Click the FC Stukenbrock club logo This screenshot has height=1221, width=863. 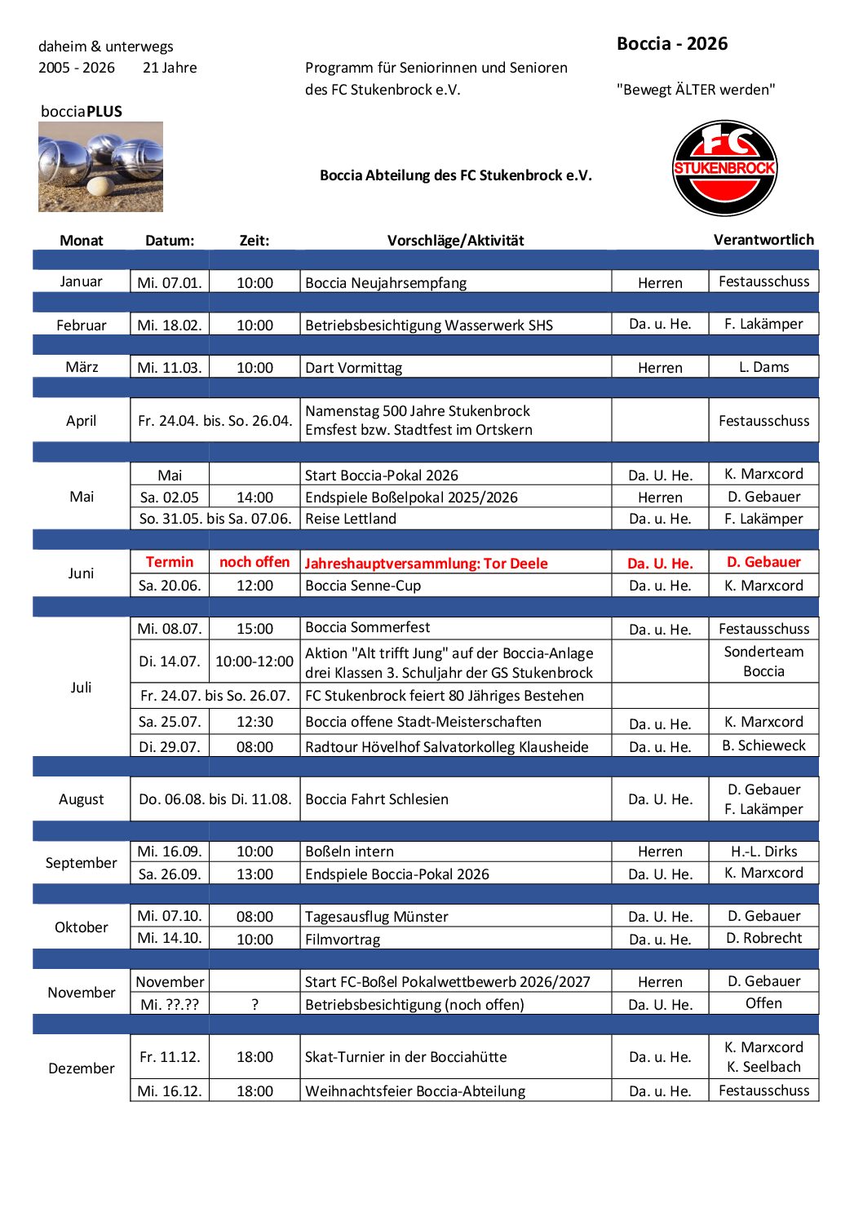coord(724,169)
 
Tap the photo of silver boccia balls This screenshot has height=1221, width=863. coord(100,167)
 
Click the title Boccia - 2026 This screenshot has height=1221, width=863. coord(672,44)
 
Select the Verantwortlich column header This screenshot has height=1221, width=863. coord(763,240)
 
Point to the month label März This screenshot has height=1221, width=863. coord(82,367)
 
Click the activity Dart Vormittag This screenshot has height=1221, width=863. coord(354,368)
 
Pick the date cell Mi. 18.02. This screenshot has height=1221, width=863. coord(170,325)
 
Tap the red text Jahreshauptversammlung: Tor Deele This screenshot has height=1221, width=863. coord(426,563)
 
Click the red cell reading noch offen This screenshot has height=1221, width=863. coord(254,562)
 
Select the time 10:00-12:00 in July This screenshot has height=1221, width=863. coord(254,661)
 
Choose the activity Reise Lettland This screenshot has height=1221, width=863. coord(351,519)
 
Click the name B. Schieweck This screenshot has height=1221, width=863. coord(763,745)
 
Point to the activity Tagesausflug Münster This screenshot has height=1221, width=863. coord(377,917)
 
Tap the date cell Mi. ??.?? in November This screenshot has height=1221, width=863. coord(170,1004)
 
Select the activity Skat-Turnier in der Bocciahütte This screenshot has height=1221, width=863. coord(405,1057)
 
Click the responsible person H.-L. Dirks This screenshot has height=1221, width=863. coord(763,852)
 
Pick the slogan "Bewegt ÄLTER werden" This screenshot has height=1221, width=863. coord(696,90)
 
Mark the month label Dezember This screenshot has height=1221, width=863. coord(82,1068)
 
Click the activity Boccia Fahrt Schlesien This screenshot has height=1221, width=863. coord(377,799)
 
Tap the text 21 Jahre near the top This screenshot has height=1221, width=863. coord(170,68)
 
